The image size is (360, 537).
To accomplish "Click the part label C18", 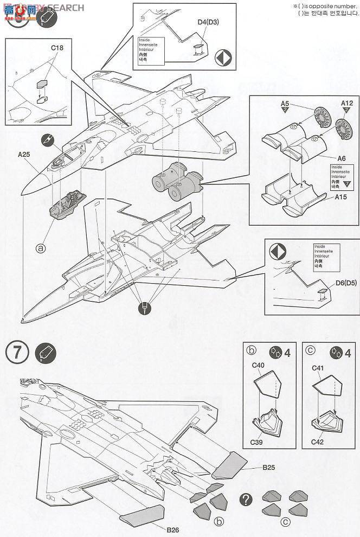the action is [57, 48].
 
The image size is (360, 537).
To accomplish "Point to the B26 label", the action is [172, 529].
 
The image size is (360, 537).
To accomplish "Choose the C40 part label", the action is [258, 366].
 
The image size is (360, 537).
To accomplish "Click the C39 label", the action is [258, 442].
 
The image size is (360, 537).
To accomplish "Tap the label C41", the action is [318, 368].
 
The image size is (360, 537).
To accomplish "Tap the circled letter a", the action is [40, 248].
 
